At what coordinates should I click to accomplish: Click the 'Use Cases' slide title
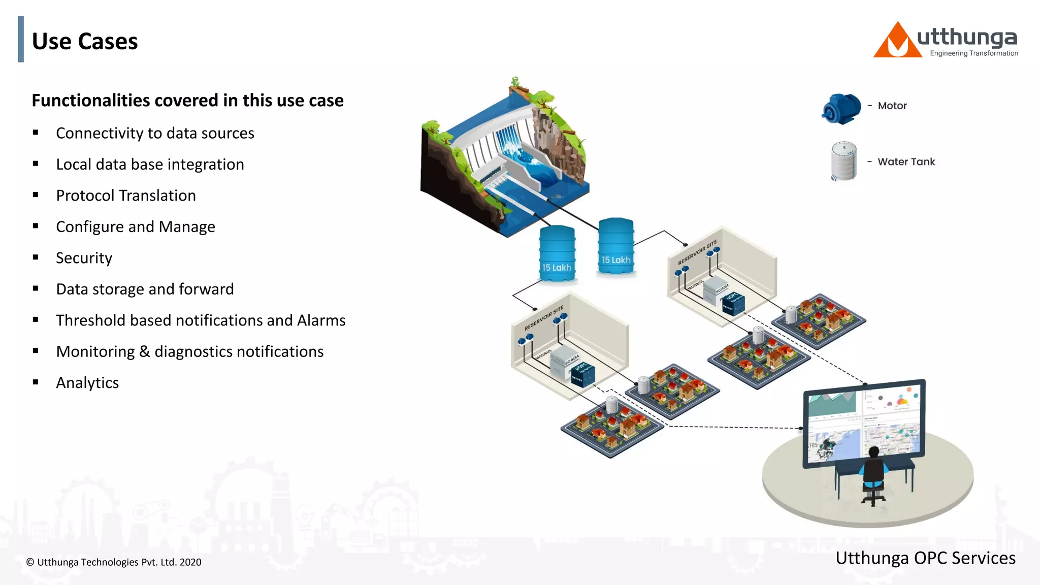click(x=85, y=41)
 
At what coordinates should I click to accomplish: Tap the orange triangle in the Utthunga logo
click(x=896, y=43)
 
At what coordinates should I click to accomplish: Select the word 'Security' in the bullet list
click(x=84, y=258)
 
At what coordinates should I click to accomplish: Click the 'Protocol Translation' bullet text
click(x=125, y=196)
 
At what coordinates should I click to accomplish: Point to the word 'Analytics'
click(x=87, y=383)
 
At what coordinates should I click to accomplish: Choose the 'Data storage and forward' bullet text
click(x=145, y=289)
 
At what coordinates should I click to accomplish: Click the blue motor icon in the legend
click(x=840, y=108)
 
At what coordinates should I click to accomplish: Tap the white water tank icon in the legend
click(x=843, y=161)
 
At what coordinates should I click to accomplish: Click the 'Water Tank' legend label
click(x=906, y=161)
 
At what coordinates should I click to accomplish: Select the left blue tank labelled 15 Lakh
click(x=557, y=253)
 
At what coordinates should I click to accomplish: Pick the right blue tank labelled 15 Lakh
click(x=615, y=246)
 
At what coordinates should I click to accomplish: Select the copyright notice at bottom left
click(x=114, y=562)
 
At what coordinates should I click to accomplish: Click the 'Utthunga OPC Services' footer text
click(x=925, y=558)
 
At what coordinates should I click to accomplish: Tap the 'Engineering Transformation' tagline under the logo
click(x=973, y=53)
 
